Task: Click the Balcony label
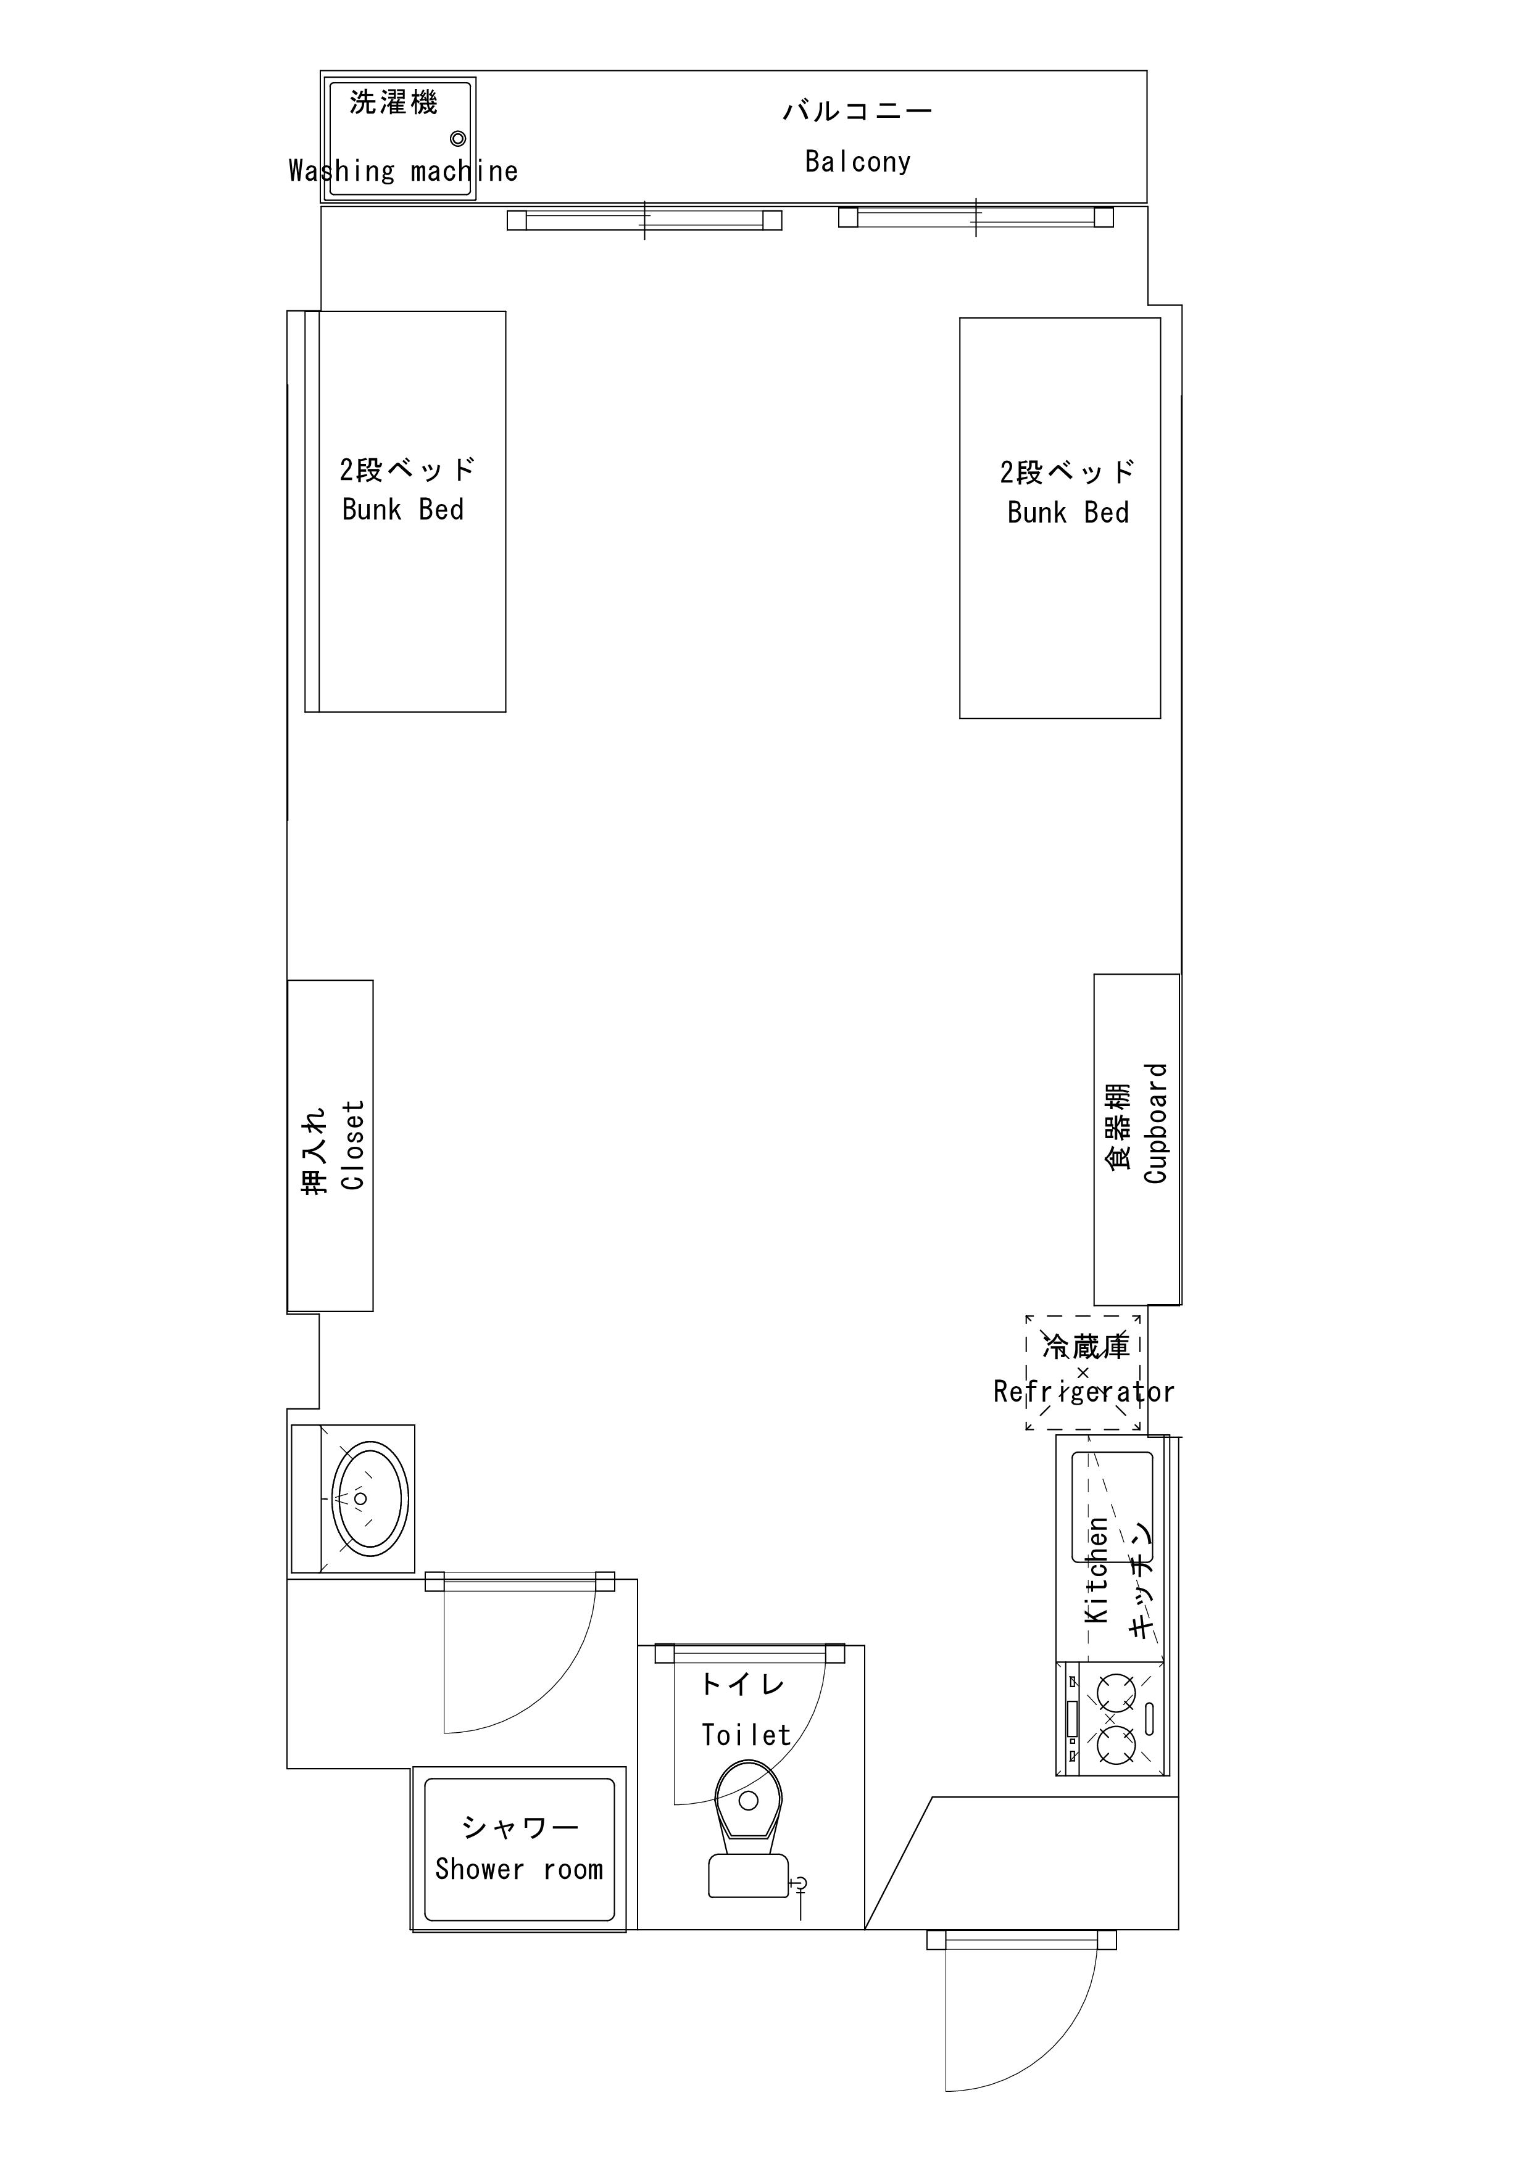click(x=858, y=162)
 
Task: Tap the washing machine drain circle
click(x=458, y=139)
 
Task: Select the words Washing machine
click(x=404, y=171)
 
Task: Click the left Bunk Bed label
click(x=402, y=510)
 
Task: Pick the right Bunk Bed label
click(x=1068, y=513)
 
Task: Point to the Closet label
click(x=352, y=1145)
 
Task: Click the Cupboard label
click(x=1156, y=1123)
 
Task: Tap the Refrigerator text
click(x=1084, y=1392)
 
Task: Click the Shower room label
click(x=518, y=1869)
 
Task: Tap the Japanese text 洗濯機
click(x=394, y=102)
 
